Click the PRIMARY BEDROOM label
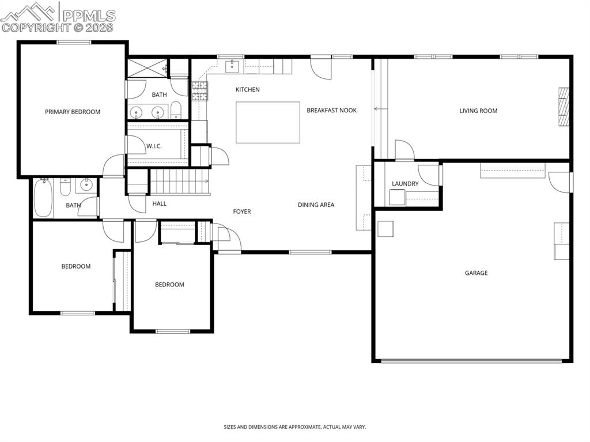point(73,112)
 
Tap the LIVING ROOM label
point(478,111)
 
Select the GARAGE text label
point(476,273)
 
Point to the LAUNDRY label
point(405,184)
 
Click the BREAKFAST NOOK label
point(331,110)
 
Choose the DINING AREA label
point(316,205)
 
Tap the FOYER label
point(242,211)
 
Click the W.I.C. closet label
point(154,146)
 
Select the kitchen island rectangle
point(268,122)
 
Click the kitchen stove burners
point(199,91)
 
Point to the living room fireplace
point(563,107)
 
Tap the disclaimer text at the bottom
point(294,427)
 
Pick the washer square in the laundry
point(396,198)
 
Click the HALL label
point(160,203)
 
